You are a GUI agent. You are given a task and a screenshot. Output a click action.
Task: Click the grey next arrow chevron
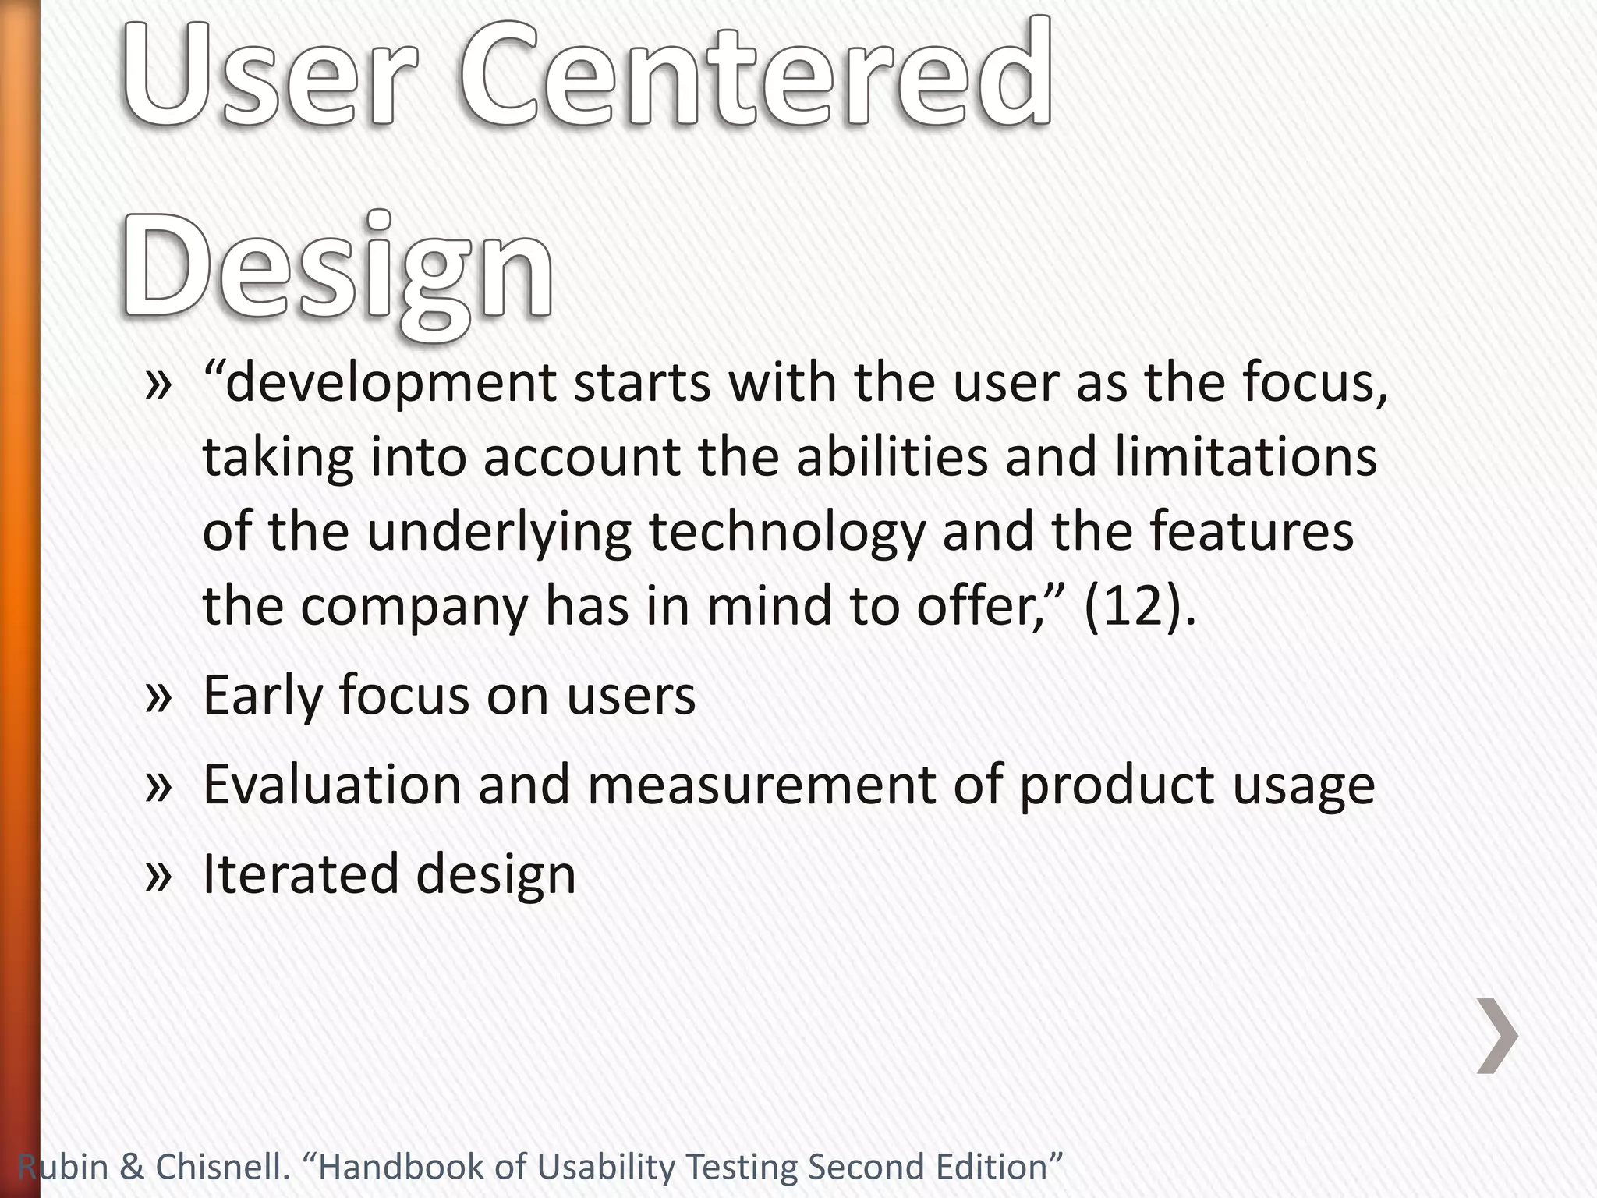point(1497,1035)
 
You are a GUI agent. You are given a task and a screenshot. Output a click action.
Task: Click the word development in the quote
point(390,384)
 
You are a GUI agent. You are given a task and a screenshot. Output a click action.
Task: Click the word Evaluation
point(332,785)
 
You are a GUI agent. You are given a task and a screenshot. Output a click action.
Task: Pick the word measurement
point(761,785)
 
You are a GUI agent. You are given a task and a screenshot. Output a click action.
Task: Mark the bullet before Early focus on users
point(158,696)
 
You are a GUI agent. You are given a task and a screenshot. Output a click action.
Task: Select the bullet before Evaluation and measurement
point(158,786)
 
